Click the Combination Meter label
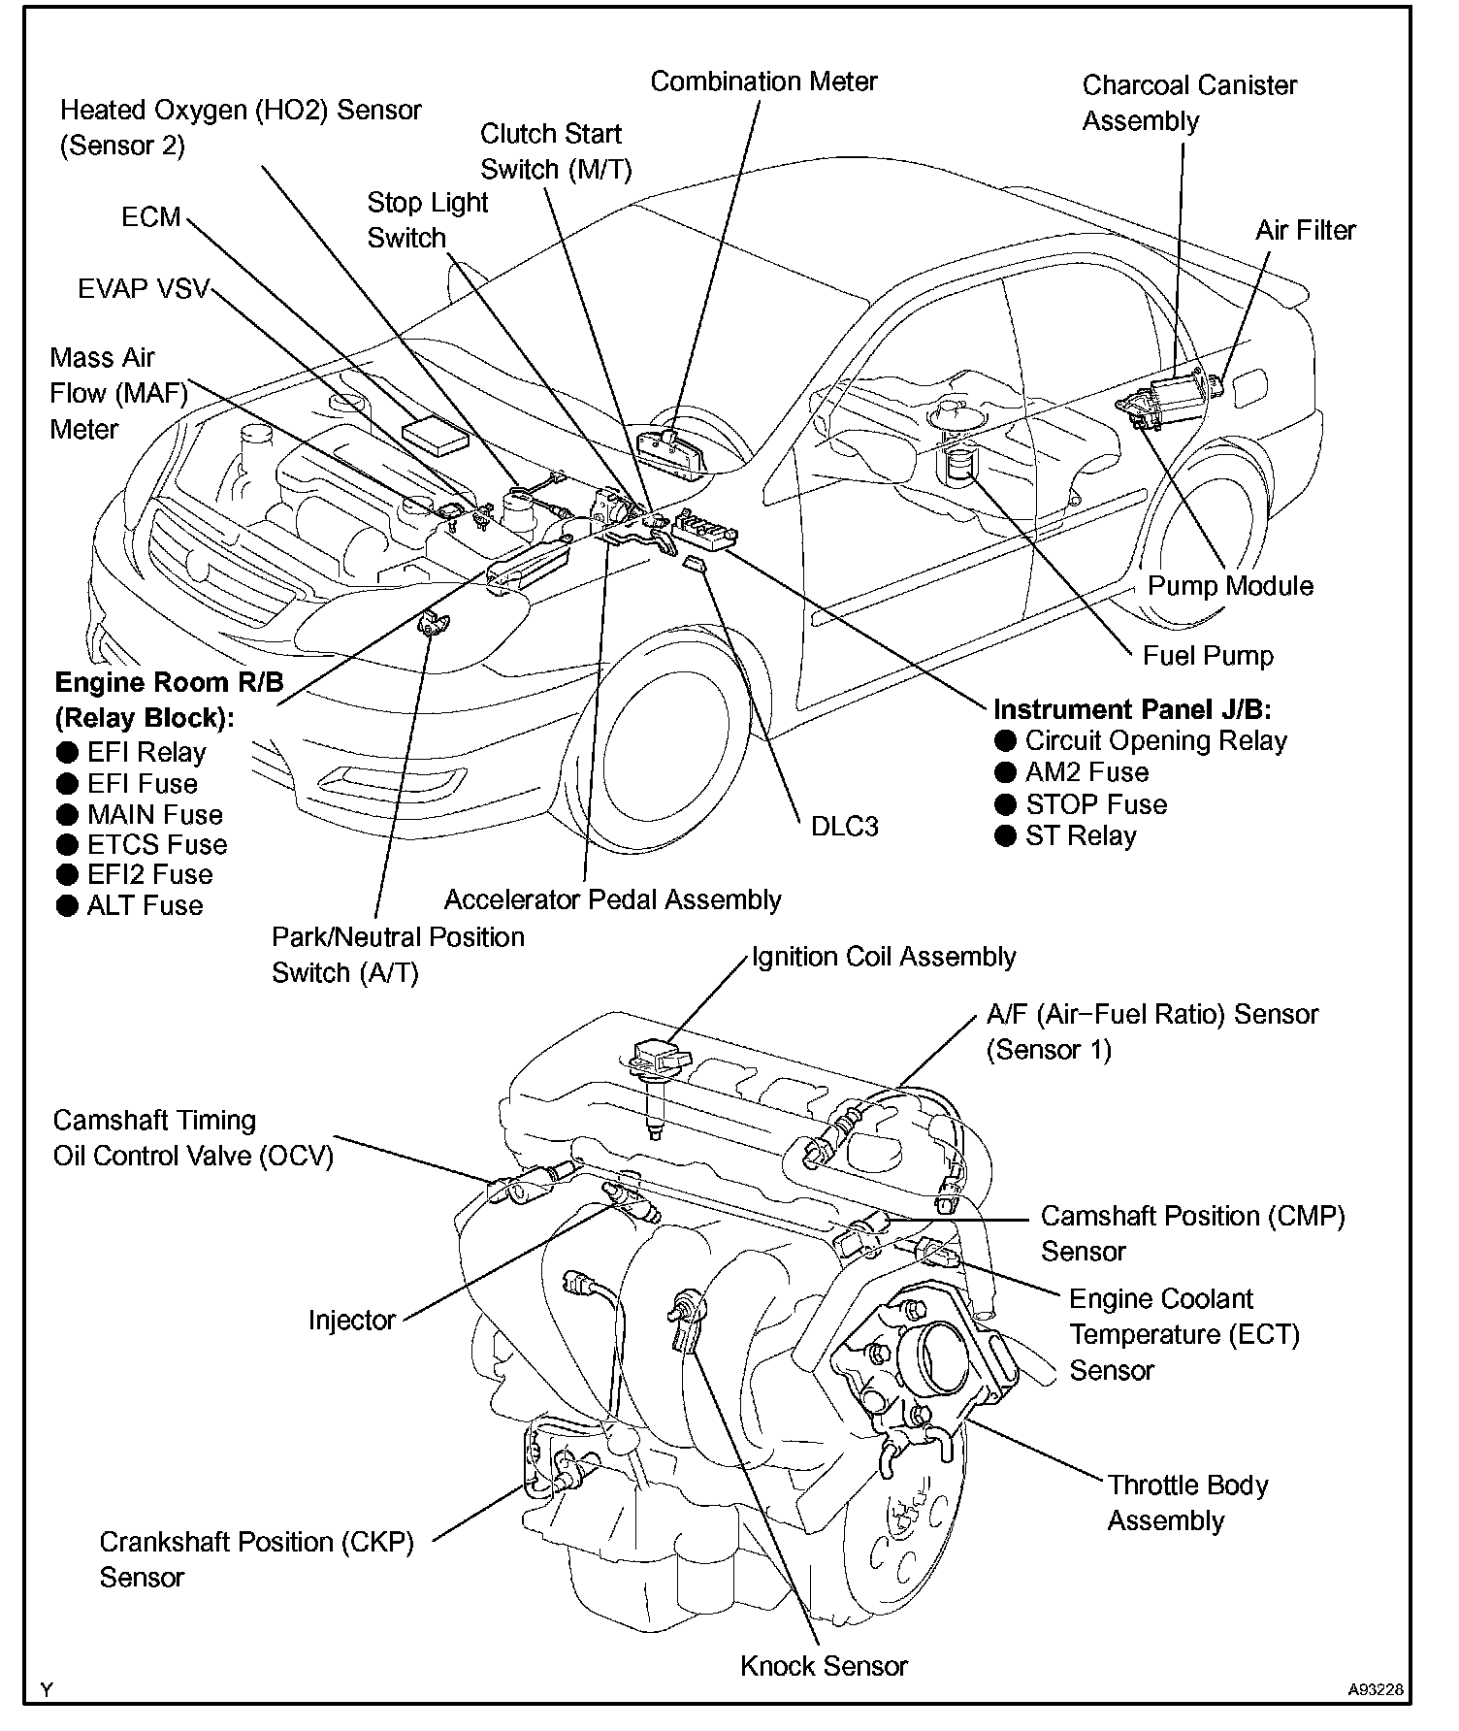click(x=763, y=82)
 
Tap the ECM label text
click(x=151, y=216)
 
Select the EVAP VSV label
click(x=144, y=289)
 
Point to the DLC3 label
click(x=845, y=826)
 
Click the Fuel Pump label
click(x=1208, y=656)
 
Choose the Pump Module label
click(x=1230, y=586)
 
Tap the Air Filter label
click(x=1306, y=230)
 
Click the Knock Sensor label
click(x=824, y=1666)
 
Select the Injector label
click(x=352, y=1320)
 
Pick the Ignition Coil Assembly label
click(x=884, y=957)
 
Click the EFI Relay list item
click(x=146, y=753)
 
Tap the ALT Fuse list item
click(x=145, y=906)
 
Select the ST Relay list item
click(x=1081, y=836)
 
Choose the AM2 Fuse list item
click(x=1086, y=772)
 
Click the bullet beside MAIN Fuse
click(x=67, y=815)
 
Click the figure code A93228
click(x=1375, y=1689)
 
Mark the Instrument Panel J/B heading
click(x=1132, y=709)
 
